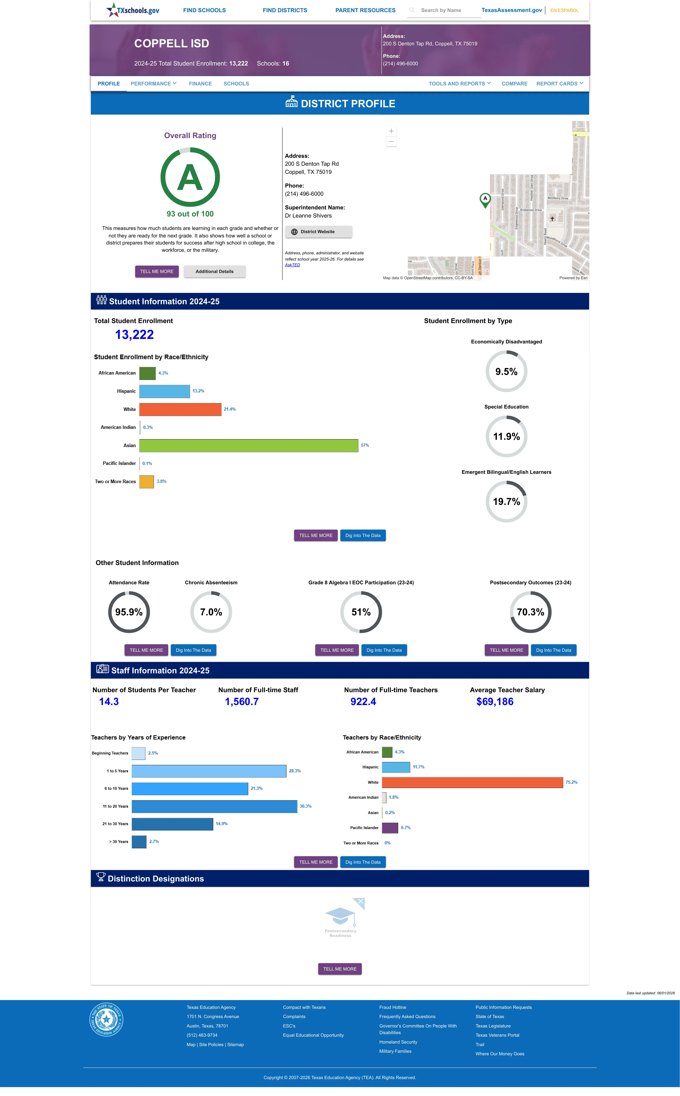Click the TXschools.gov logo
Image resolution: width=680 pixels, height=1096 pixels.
pyautogui.click(x=133, y=10)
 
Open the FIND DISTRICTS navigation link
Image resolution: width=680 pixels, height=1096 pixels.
pyautogui.click(x=285, y=10)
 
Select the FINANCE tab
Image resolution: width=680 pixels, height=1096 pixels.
pyautogui.click(x=200, y=84)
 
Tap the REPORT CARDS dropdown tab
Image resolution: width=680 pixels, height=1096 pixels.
pyautogui.click(x=559, y=84)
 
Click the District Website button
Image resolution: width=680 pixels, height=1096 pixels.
pyautogui.click(x=318, y=232)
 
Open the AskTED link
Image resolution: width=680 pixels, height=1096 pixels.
pyautogui.click(x=292, y=265)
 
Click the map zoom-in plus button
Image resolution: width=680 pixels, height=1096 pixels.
pyautogui.click(x=391, y=131)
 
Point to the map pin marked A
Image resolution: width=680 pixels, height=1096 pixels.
pyautogui.click(x=485, y=200)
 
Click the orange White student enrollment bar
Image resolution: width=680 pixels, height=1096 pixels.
pyautogui.click(x=180, y=409)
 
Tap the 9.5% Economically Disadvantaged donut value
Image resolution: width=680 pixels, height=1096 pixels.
pyautogui.click(x=506, y=371)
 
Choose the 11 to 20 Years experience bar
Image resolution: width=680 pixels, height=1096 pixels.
pyautogui.click(x=214, y=806)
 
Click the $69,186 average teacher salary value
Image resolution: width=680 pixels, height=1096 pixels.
pyautogui.click(x=495, y=702)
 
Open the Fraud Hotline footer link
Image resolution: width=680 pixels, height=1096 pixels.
pyautogui.click(x=393, y=1007)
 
